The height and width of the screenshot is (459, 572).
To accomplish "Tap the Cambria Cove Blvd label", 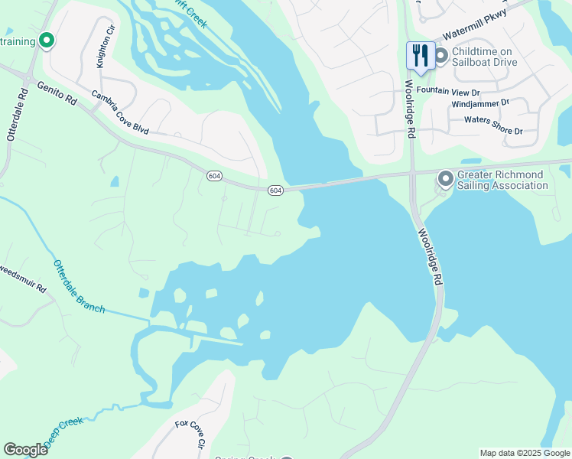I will point(119,112).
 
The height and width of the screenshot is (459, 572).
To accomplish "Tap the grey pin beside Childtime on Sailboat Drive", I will point(440,56).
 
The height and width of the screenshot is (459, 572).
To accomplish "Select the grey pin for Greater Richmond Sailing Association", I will point(446,179).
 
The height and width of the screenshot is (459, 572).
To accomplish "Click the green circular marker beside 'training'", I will point(46,41).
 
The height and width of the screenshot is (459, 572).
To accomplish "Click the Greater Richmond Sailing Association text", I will point(502,180).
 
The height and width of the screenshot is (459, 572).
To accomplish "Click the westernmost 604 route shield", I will point(214,176).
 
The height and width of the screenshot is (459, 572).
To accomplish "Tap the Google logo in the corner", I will point(25,450).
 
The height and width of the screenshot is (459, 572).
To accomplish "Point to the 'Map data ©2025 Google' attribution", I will point(525,453).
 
